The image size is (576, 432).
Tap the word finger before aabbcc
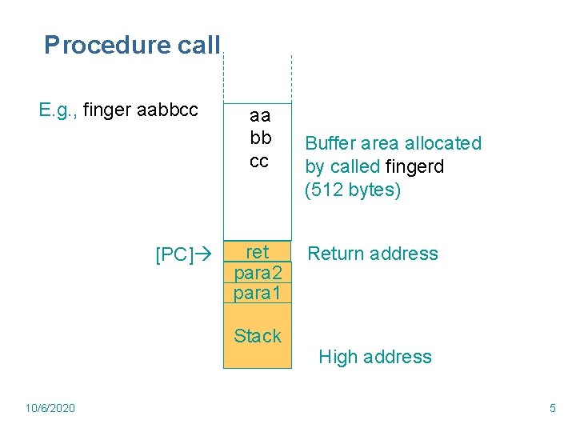107,109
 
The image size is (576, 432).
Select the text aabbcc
167,109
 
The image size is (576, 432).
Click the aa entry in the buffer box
260,116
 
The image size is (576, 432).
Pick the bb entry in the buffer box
260,138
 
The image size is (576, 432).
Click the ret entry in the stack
257,252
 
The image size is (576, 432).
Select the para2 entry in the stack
258,273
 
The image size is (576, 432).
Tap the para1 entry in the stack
258,293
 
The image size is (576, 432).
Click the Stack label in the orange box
258,336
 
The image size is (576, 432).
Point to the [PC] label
173,254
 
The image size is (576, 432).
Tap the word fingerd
414,167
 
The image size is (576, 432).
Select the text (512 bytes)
352,190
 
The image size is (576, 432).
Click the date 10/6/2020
50,408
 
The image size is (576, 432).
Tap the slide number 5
552,408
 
